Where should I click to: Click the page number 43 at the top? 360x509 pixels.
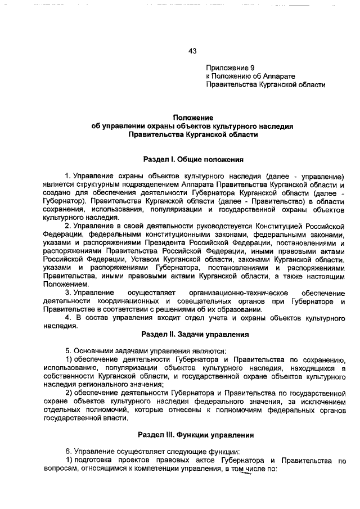pos(192,51)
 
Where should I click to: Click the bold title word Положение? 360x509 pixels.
pos(192,118)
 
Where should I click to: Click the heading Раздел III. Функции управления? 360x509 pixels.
pos(192,435)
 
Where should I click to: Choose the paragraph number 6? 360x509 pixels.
pos(67,451)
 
